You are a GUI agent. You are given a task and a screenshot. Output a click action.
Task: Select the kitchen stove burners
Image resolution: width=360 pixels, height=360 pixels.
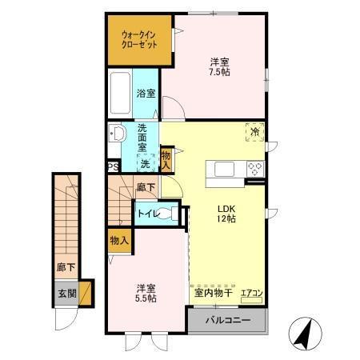tap(256, 169)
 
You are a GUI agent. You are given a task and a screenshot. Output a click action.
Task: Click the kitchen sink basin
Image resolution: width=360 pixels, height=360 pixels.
tap(222, 169)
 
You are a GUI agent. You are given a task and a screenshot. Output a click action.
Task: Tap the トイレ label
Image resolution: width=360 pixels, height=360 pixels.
tap(146, 214)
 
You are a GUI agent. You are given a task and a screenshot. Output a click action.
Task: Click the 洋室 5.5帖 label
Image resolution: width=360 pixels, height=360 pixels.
tap(145, 292)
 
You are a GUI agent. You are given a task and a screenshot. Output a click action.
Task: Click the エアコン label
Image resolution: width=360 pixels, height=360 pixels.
tap(251, 294)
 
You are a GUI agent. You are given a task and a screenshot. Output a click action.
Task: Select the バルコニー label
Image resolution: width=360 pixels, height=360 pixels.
tap(227, 321)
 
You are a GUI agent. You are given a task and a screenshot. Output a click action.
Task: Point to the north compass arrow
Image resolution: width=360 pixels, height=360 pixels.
tap(303, 334)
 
